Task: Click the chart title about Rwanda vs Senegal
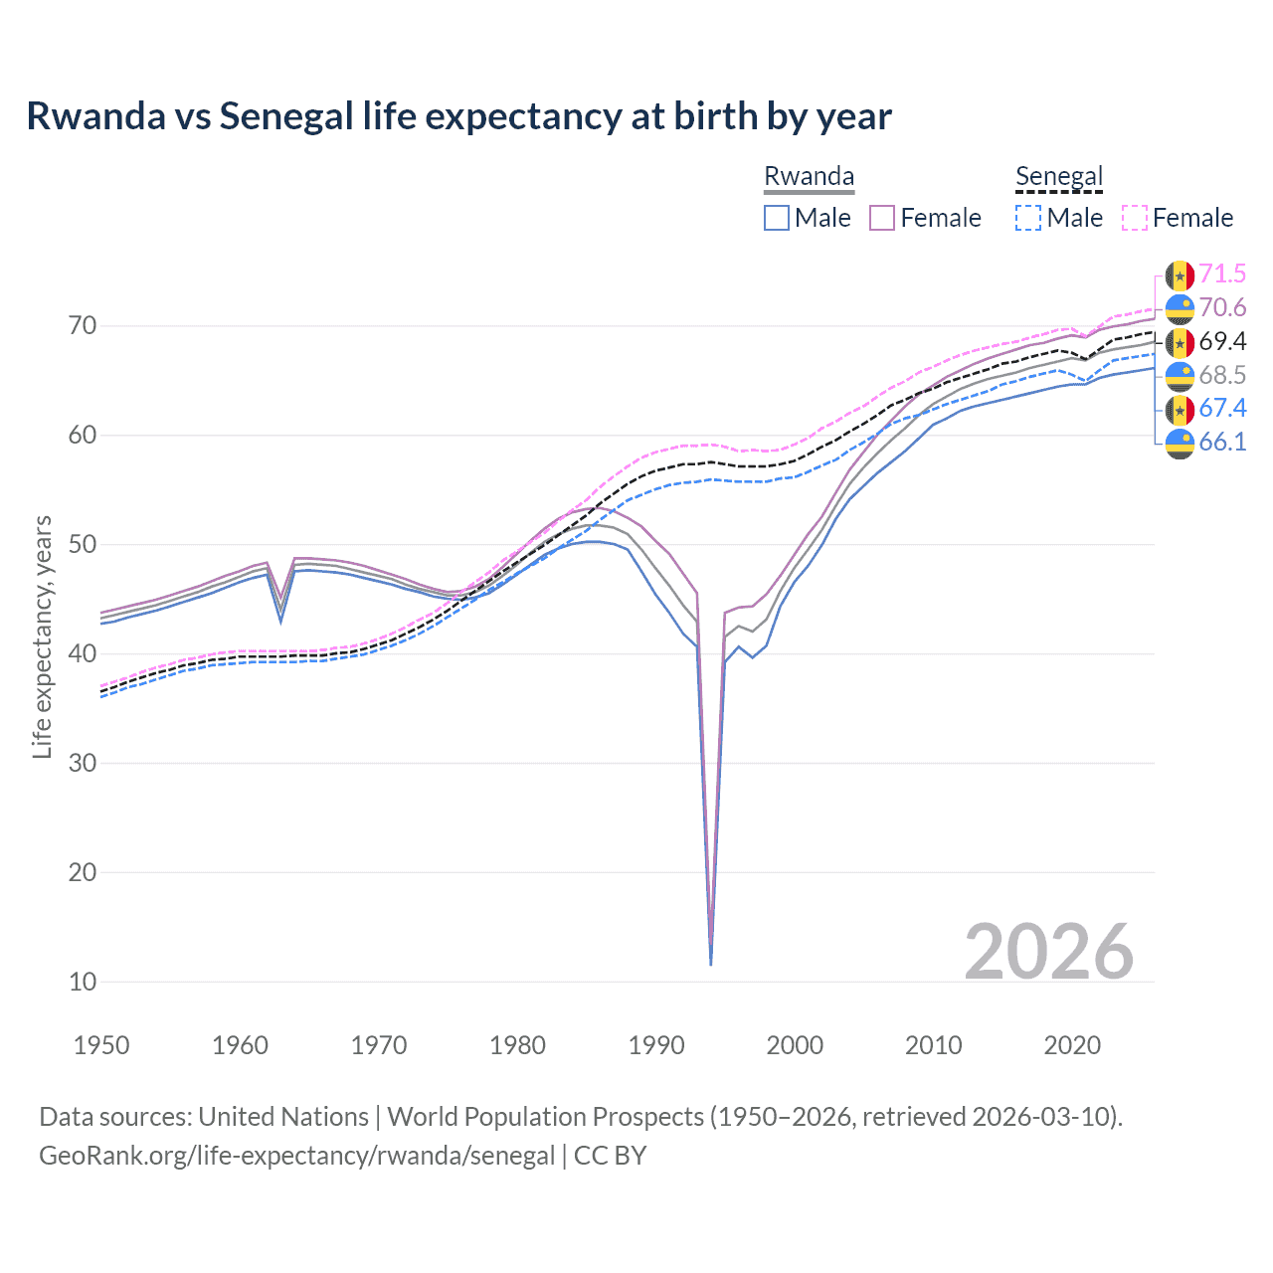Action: (458, 116)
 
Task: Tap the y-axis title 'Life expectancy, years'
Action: (42, 636)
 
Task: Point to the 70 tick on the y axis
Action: (83, 326)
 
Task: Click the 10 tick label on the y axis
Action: (83, 982)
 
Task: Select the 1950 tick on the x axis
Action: (101, 1045)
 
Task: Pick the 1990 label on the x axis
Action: (656, 1045)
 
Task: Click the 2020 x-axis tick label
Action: (1072, 1045)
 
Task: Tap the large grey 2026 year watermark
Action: (1048, 952)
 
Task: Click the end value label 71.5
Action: (1222, 274)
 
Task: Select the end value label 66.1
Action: (1222, 442)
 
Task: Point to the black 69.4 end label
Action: (1222, 342)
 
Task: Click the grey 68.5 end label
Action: (1222, 375)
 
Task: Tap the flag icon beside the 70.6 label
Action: (1180, 308)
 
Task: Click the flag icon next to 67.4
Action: (1180, 409)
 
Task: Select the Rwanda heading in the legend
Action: (809, 177)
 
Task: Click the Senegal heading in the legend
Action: (1059, 177)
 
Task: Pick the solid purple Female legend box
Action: (882, 218)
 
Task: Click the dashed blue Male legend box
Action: (1028, 218)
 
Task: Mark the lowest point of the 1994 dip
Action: (710, 964)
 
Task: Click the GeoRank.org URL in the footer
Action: (296, 1156)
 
